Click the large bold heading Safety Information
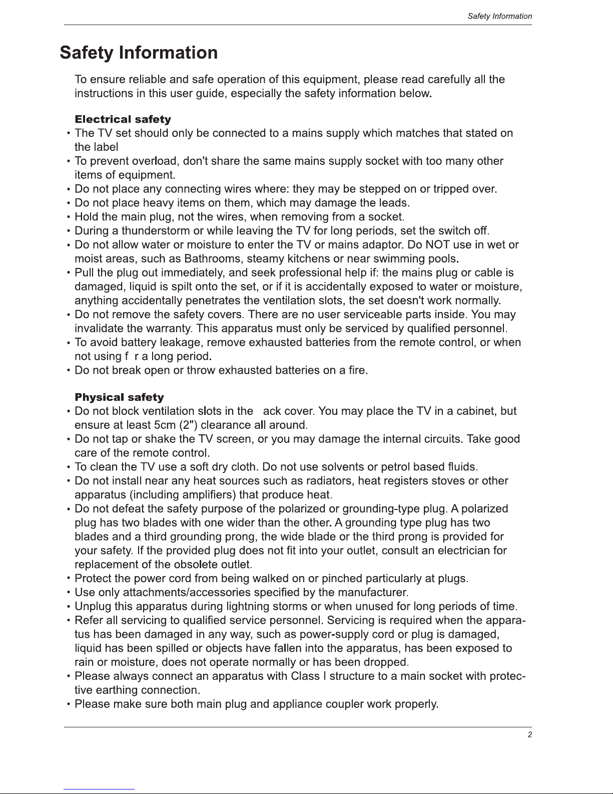click(x=139, y=53)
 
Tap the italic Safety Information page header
click(x=499, y=16)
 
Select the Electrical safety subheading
click(x=123, y=119)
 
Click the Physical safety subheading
click(x=119, y=397)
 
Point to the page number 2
click(x=529, y=734)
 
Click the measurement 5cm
click(x=164, y=425)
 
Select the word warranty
click(x=168, y=329)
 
